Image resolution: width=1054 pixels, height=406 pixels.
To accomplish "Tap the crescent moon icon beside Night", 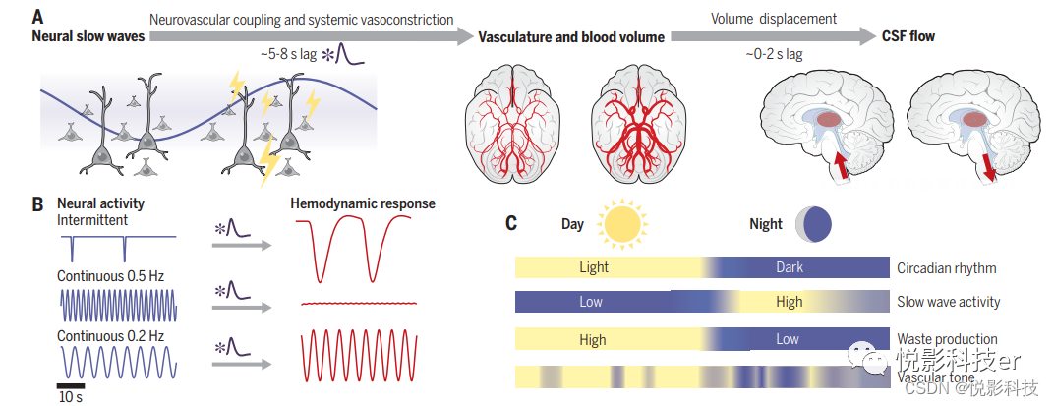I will click(811, 223).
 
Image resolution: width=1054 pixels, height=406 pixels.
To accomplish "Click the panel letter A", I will click(37, 16).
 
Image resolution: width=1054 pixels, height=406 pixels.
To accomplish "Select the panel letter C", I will click(511, 223).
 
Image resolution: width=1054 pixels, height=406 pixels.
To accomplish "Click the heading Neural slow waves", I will click(88, 36).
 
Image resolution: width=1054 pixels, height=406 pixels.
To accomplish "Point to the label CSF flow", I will click(908, 36).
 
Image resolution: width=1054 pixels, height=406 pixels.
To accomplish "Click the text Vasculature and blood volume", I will click(571, 36).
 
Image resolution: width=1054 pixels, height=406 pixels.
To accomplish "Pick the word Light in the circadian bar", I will click(594, 266).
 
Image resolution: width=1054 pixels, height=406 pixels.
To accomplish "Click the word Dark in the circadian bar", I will click(789, 266).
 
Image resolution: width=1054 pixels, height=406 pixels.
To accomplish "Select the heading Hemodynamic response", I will click(363, 204).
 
